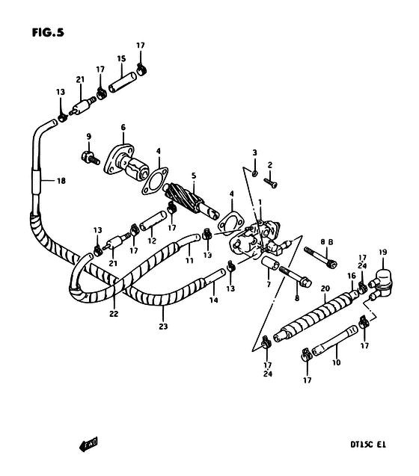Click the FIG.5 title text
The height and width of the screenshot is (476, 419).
[48, 32]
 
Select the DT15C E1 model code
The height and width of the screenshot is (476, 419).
[368, 445]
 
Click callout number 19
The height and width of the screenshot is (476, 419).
[382, 252]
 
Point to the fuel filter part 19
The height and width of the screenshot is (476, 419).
[381, 283]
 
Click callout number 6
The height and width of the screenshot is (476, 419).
[123, 127]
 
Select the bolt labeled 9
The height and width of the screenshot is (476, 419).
[91, 157]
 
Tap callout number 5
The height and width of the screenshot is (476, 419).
[194, 176]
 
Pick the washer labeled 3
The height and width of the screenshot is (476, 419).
[255, 173]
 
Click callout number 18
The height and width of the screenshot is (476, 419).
[61, 181]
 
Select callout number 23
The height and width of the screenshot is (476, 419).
[163, 327]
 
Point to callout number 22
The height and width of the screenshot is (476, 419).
[114, 314]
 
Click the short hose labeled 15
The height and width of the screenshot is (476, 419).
[123, 81]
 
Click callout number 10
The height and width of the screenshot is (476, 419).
[336, 362]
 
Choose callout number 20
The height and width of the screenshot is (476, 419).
[325, 288]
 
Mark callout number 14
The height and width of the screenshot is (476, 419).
[214, 300]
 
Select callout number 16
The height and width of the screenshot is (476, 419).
[352, 276]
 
